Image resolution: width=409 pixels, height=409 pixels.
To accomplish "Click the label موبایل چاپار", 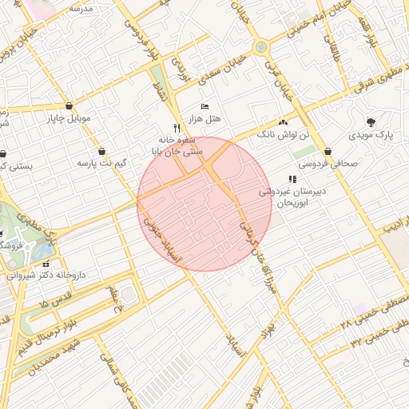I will tap(73, 121).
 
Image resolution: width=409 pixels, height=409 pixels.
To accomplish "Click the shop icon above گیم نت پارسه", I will tap(102, 151).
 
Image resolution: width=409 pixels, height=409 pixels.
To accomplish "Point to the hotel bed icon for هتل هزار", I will tap(205, 106).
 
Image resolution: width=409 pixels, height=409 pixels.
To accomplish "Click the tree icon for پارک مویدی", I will tap(371, 122).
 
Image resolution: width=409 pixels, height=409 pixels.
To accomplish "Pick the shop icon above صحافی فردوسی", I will tap(328, 151).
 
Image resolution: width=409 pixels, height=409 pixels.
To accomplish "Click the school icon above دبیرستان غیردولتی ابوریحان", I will tap(292, 179).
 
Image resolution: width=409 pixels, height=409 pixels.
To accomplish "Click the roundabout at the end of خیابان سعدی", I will tap(261, 48).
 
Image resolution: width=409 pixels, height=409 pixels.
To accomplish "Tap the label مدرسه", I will tap(81, 9).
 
